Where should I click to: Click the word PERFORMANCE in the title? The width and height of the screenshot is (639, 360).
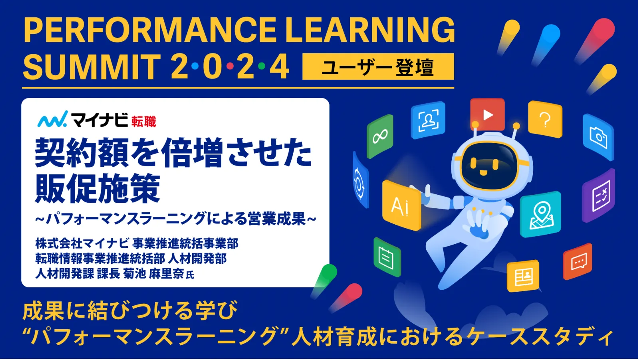point(150,30)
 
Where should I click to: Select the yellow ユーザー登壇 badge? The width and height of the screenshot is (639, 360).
point(378,66)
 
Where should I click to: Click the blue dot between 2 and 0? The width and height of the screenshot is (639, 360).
point(195,66)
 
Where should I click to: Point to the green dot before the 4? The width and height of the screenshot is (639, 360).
point(262,66)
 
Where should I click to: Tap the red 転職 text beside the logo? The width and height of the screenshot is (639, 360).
point(144,122)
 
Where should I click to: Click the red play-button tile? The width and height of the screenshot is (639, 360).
point(487,115)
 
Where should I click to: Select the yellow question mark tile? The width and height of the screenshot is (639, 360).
point(545,119)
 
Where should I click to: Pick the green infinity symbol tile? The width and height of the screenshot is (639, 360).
point(380,136)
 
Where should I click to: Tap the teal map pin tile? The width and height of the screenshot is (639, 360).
point(541,214)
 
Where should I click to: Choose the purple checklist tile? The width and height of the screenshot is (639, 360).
point(599,195)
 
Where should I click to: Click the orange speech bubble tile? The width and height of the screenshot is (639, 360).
point(577,262)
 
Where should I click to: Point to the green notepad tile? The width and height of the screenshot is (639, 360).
point(387,257)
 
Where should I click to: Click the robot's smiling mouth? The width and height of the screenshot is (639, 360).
point(483,172)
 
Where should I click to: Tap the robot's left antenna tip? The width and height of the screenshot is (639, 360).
point(475,125)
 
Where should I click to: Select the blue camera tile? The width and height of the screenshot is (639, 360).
point(598,138)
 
